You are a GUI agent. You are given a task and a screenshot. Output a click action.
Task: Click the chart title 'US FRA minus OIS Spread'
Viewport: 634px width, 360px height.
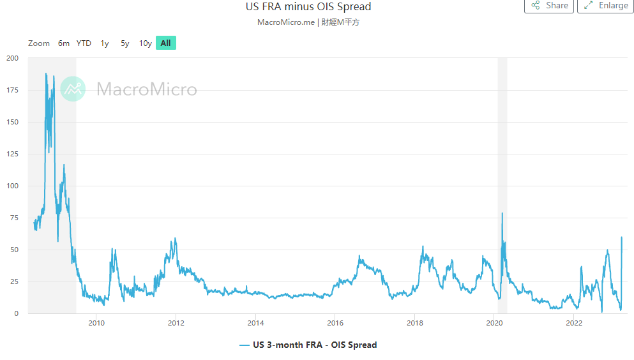(308, 7)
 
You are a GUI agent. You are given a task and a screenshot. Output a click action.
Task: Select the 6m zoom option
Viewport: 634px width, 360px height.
(64, 43)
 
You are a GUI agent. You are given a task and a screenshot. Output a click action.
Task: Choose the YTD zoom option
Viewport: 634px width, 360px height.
(84, 43)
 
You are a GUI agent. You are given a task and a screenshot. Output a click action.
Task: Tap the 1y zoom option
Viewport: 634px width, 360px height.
(105, 43)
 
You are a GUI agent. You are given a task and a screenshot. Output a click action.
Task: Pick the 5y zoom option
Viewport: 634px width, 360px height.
(125, 43)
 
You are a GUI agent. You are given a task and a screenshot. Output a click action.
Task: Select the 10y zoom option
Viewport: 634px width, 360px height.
(146, 43)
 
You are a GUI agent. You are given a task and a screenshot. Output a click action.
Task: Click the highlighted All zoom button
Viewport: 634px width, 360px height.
(165, 43)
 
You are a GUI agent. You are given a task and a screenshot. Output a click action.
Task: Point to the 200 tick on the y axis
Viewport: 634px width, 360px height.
(12, 58)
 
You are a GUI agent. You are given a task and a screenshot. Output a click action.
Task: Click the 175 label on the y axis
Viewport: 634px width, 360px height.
(12, 90)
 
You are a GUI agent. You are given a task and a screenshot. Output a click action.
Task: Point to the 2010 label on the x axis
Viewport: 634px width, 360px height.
(96, 323)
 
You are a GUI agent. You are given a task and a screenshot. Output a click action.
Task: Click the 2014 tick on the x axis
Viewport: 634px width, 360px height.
(255, 323)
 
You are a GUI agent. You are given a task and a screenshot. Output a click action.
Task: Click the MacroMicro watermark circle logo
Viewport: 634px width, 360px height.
(73, 89)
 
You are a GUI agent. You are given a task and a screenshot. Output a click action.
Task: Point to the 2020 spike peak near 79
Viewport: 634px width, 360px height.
(502, 213)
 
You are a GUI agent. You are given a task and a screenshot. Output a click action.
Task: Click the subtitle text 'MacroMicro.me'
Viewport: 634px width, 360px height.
(286, 22)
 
